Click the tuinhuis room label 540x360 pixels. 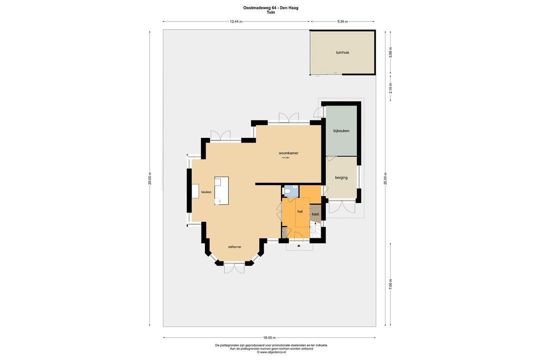coord(342,52)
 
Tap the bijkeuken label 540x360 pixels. coord(341,131)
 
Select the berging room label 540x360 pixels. coord(341,177)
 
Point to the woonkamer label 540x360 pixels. coord(288,153)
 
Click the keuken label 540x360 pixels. coord(206,192)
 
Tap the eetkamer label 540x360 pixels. coord(235,247)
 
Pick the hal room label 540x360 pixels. coord(300,211)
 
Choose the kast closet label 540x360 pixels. coord(315,214)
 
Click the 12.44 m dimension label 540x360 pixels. coord(236,21)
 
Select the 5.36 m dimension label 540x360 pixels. coord(342,21)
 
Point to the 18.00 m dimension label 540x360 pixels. coord(269,337)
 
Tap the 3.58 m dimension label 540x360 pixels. coord(391,52)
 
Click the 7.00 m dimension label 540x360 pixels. coord(391,283)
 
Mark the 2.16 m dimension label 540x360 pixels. coord(391,88)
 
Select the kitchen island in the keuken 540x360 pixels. coord(221,190)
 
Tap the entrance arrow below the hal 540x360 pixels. coord(299,246)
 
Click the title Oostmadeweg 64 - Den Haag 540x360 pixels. coord(270,7)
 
